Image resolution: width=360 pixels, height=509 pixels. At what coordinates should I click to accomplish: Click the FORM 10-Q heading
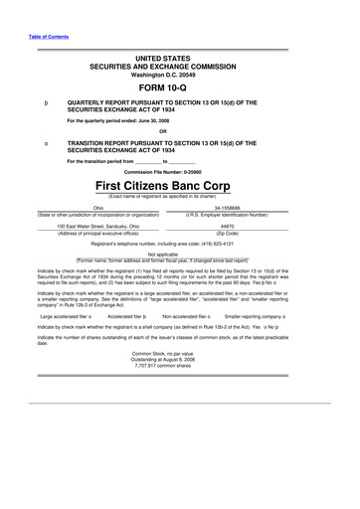click(x=179, y=85)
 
